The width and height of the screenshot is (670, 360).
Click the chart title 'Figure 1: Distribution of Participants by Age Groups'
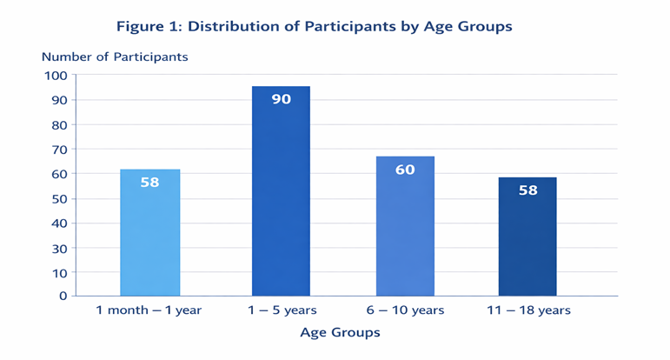(x=314, y=26)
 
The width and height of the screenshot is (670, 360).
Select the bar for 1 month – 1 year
(x=150, y=232)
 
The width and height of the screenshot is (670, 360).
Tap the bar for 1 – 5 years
(x=281, y=191)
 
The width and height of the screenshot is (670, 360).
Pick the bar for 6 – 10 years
(x=405, y=226)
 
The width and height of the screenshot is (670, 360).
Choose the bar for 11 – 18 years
(x=527, y=237)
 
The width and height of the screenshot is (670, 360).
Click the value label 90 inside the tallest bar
(x=282, y=99)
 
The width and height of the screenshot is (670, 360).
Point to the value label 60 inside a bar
(x=405, y=170)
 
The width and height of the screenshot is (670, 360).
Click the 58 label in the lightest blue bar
(x=150, y=182)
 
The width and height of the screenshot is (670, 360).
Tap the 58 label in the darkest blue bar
(x=528, y=190)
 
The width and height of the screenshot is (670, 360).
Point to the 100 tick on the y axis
(x=56, y=76)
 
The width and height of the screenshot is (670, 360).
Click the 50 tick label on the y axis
(x=59, y=199)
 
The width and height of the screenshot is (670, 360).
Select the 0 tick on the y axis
(x=63, y=296)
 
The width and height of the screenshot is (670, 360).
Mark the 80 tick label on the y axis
(x=59, y=125)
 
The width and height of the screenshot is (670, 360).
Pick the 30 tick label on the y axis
(x=59, y=249)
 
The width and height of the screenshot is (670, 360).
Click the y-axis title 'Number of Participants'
(x=115, y=57)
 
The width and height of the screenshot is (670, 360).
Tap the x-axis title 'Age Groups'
(x=340, y=333)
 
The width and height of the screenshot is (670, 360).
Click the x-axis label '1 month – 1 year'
(x=149, y=310)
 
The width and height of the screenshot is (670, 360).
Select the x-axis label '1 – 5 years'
(x=282, y=310)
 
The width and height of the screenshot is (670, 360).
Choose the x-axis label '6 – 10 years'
(x=405, y=310)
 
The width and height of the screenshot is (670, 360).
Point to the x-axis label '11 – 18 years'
(x=528, y=310)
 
